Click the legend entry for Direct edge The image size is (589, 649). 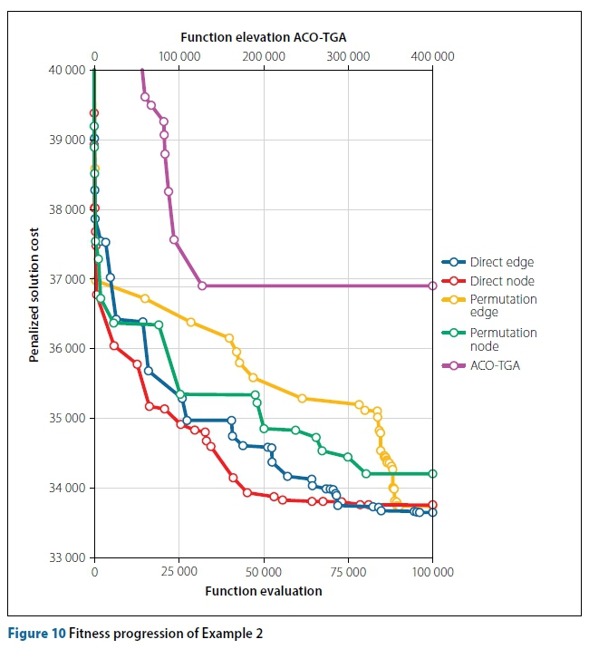tap(500, 263)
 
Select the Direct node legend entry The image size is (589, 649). tap(501, 281)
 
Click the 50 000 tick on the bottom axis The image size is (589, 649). tap(264, 573)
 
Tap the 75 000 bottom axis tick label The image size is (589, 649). tap(348, 573)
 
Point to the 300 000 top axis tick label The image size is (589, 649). tap(348, 56)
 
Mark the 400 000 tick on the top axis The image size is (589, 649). tap(432, 56)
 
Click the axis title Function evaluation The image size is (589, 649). tap(264, 591)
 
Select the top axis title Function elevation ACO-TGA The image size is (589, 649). tap(264, 37)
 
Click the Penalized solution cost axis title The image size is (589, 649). tap(34, 295)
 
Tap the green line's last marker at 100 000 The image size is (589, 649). tap(432, 473)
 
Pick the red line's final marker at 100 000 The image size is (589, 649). tap(432, 505)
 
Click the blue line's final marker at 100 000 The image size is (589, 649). tap(432, 512)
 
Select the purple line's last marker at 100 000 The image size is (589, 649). tap(432, 286)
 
